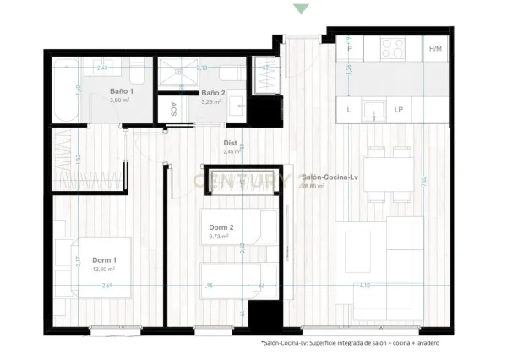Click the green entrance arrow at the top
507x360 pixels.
pos(301,8)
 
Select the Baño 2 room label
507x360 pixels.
pos(212,93)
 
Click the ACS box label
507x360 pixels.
pos(173,109)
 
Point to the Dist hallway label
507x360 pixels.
pos(230,144)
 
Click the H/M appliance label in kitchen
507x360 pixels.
pos(435,49)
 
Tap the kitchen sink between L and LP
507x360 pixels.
pos(373,109)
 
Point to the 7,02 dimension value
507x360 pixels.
pos(439,178)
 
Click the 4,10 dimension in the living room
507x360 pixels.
pos(363,286)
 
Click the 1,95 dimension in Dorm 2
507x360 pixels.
pos(207,286)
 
